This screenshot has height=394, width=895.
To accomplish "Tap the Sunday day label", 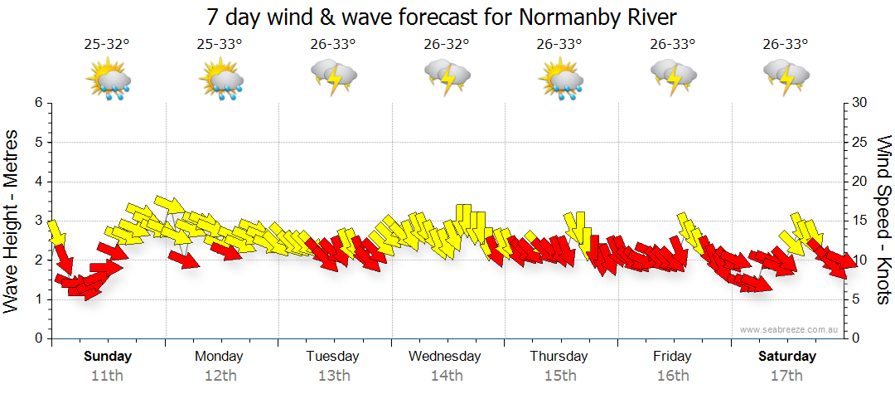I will click(x=107, y=357).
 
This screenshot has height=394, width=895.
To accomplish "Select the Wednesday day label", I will click(x=444, y=357).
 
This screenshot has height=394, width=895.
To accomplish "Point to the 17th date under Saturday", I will click(x=787, y=375).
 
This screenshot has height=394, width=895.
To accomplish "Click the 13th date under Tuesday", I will click(x=334, y=375).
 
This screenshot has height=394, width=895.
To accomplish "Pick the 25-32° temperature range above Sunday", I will click(x=107, y=45).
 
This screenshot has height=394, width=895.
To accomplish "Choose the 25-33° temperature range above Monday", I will click(x=220, y=45).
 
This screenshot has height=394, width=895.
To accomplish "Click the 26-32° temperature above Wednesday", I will click(x=446, y=45).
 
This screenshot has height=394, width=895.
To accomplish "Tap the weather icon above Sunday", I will click(x=109, y=80).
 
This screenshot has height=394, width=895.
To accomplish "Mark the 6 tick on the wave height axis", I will click(x=37, y=103).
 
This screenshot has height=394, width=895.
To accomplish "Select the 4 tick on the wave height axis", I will click(x=37, y=182).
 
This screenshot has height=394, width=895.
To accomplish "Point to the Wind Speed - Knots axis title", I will click(x=883, y=220).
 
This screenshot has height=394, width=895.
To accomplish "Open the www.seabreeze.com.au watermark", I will click(x=789, y=329).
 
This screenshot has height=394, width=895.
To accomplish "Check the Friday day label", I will click(x=672, y=357).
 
